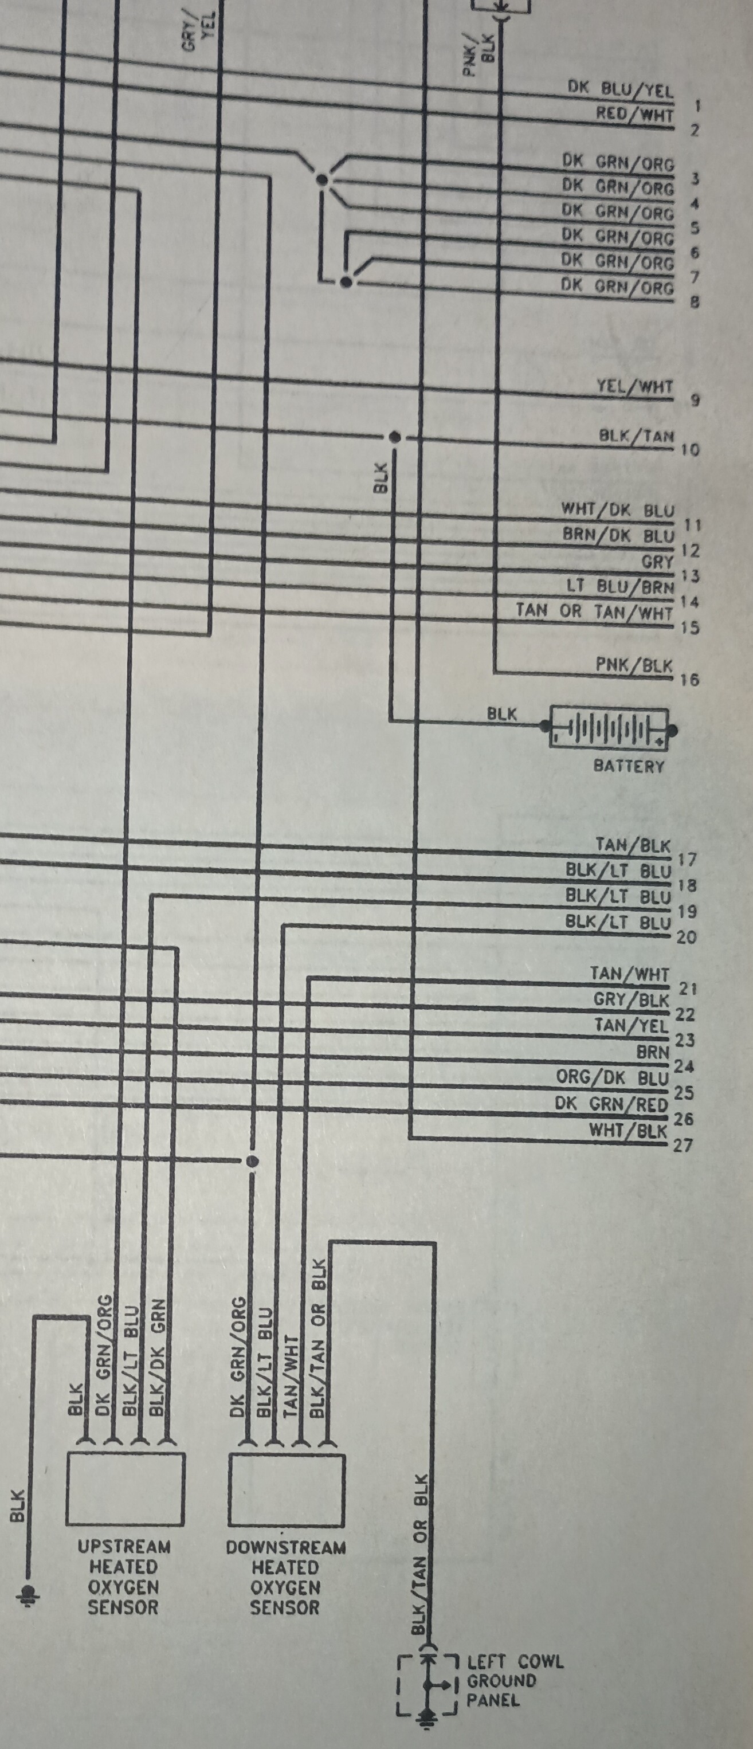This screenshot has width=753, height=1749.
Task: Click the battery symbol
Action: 609,728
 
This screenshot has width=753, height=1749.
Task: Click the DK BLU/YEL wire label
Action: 620,89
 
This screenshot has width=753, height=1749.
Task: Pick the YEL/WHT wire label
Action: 635,386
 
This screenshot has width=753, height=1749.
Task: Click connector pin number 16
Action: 689,679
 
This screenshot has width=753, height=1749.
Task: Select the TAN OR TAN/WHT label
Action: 594,611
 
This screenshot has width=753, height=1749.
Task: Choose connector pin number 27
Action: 683,1146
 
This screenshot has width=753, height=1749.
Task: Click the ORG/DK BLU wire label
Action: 613,1077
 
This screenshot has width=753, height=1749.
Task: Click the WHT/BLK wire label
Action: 628,1131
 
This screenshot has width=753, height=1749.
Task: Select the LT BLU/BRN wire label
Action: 620,587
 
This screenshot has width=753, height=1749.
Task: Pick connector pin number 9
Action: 695,400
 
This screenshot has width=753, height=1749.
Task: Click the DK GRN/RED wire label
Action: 611,1104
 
